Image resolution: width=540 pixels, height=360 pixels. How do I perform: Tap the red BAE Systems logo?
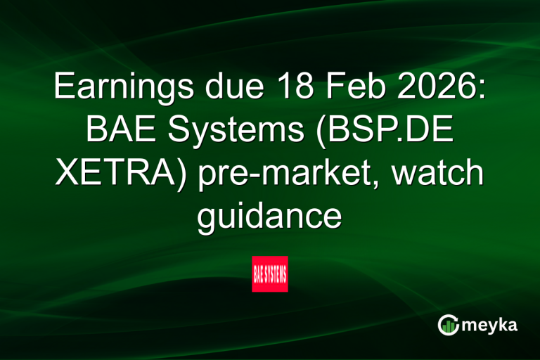coord(270,274)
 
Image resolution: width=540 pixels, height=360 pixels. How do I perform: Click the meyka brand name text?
coord(491,326)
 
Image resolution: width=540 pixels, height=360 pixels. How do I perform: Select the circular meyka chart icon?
coord(449,325)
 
